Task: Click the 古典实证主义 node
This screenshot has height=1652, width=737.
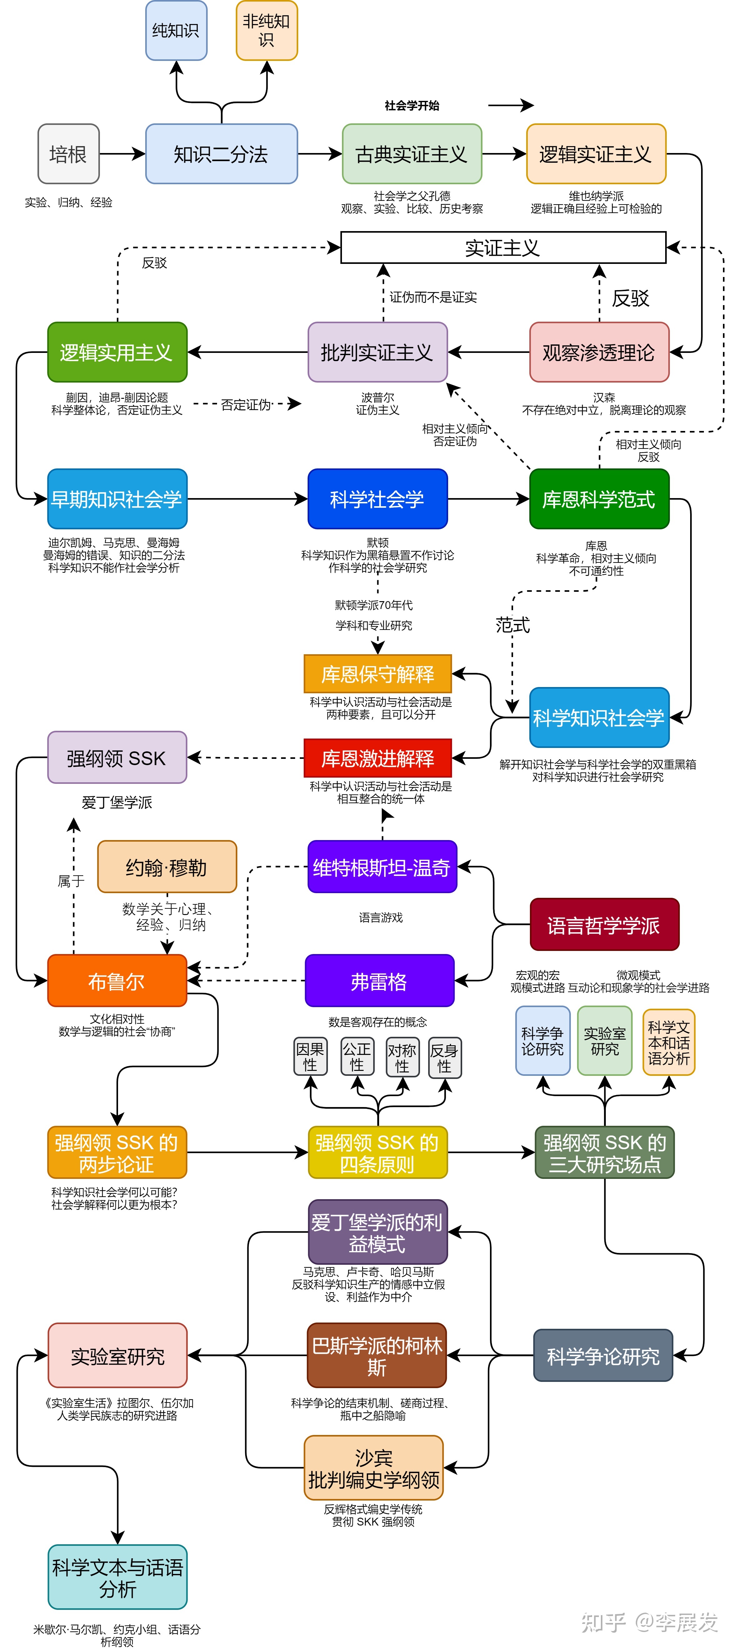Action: click(x=411, y=154)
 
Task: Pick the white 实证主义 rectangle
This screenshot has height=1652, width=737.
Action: click(x=503, y=248)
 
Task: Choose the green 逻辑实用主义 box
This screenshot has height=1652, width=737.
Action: click(x=117, y=352)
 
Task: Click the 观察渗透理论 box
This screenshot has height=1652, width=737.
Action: click(x=598, y=352)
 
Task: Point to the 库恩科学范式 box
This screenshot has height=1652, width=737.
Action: click(x=598, y=499)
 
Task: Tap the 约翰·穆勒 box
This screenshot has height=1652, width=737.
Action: click(x=167, y=867)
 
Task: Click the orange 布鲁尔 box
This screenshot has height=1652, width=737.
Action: click(x=117, y=981)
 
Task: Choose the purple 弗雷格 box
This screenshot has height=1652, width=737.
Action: click(x=379, y=981)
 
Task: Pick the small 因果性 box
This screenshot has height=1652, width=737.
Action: click(x=310, y=1056)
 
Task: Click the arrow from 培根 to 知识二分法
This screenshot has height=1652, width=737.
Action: click(x=122, y=154)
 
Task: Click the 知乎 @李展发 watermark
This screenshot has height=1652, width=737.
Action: click(x=649, y=1623)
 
